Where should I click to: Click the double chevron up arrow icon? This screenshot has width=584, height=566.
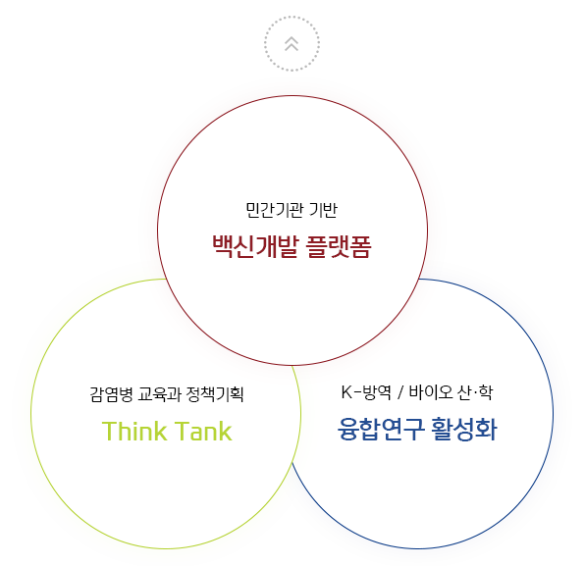(292, 44)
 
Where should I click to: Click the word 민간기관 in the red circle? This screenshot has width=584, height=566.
(274, 210)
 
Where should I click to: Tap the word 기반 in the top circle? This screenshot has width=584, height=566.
(323, 210)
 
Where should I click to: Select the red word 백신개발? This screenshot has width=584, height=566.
(256, 246)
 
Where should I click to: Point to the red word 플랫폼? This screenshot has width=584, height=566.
(339, 246)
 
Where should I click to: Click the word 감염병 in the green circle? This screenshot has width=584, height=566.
(111, 394)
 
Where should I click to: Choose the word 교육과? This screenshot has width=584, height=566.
(159, 394)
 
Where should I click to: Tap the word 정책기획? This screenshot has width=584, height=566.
(215, 394)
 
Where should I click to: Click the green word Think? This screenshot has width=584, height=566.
(134, 432)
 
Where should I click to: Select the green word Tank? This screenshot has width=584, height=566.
(203, 432)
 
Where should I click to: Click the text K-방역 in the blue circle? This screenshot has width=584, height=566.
(366, 392)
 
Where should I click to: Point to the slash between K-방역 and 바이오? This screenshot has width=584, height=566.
(400, 392)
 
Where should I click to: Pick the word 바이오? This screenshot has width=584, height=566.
(431, 392)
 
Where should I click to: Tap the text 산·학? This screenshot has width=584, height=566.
(476, 392)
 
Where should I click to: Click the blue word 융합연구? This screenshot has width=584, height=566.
(381, 429)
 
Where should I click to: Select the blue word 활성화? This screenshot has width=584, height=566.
(464, 429)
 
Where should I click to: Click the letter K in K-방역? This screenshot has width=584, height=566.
(346, 392)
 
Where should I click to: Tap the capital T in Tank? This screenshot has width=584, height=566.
(182, 431)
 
